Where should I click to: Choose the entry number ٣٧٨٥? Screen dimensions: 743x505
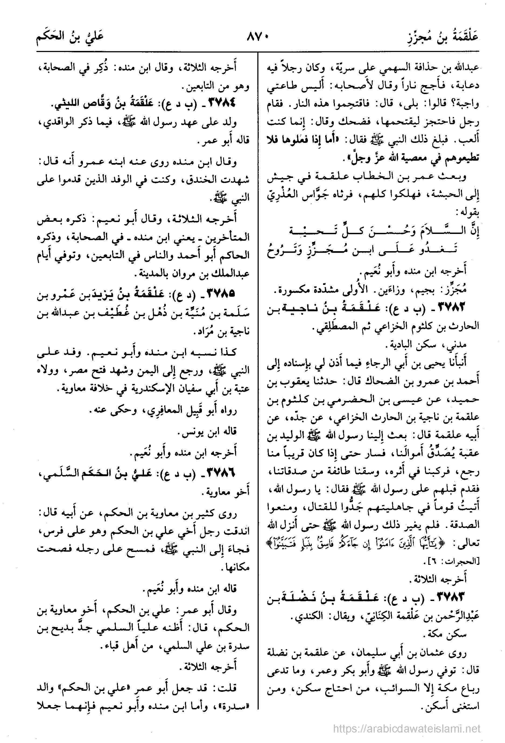(x=221, y=292)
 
